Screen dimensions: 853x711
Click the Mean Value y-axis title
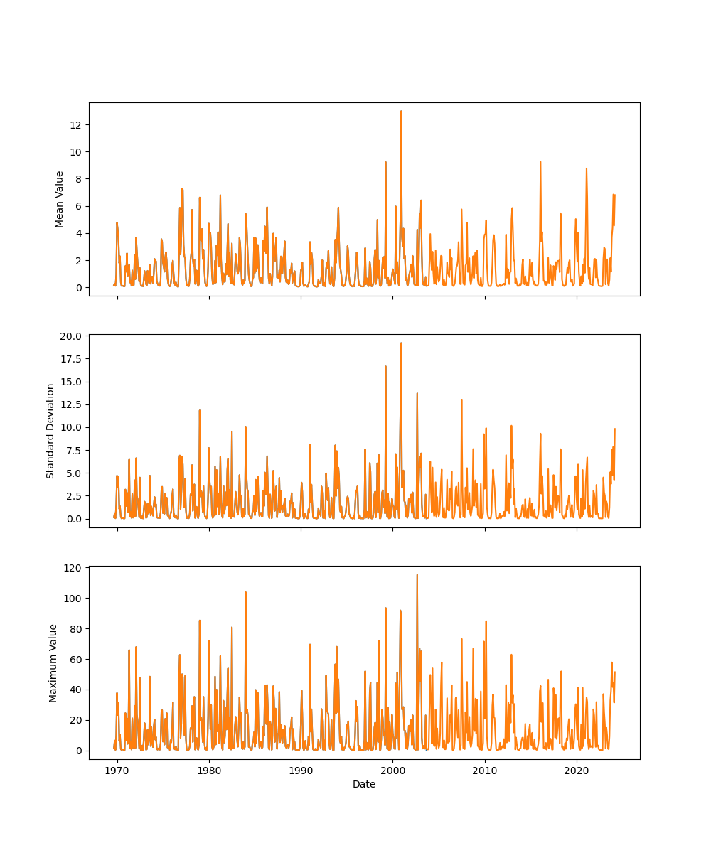(x=60, y=199)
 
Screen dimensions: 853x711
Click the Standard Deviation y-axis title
(x=50, y=431)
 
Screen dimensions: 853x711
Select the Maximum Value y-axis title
(x=53, y=662)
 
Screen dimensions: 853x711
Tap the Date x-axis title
(x=364, y=784)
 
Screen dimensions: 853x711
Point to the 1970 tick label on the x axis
(x=117, y=770)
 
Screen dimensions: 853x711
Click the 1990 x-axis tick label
(x=301, y=770)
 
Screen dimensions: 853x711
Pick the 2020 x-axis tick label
(x=577, y=770)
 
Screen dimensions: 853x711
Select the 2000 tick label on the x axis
(x=392, y=770)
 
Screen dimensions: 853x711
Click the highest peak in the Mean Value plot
(x=401, y=112)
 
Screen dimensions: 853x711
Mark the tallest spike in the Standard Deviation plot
(x=401, y=343)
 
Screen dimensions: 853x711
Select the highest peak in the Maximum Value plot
(x=417, y=575)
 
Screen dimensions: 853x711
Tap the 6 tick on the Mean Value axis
(x=80, y=206)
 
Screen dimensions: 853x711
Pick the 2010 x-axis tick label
(x=485, y=770)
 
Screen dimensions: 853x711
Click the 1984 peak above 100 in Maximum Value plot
(x=245, y=592)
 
